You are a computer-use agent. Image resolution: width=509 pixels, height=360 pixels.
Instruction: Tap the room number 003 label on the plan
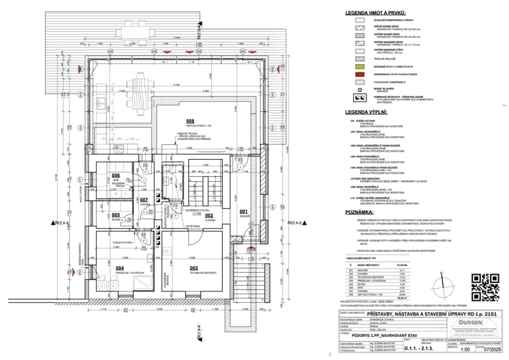click(x=193, y=268)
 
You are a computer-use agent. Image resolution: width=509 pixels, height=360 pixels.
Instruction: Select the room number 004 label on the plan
click(x=119, y=268)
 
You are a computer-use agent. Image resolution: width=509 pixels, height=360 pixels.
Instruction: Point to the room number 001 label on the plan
click(x=243, y=211)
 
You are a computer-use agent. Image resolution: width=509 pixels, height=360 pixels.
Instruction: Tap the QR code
click(x=484, y=286)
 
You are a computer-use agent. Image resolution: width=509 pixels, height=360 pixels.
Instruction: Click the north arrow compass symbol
click(x=438, y=284)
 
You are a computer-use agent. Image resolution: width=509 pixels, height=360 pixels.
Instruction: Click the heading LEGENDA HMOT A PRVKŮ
click(x=376, y=12)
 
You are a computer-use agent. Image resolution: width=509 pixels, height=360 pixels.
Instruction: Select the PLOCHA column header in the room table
click(x=402, y=265)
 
